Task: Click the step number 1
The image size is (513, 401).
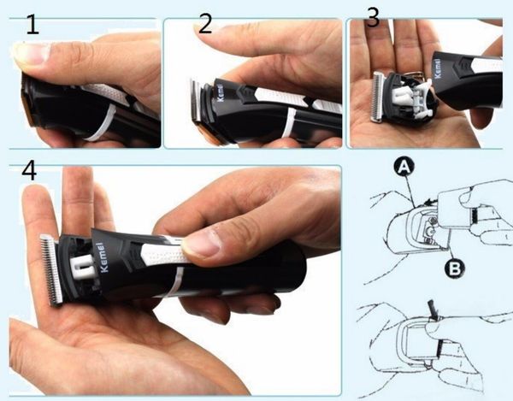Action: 32,25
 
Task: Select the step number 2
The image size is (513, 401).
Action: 205,24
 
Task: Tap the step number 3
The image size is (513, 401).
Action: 374,18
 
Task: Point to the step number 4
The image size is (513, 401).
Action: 29,170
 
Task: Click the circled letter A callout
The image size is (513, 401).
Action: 404,168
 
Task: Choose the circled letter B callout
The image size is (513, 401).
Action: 455,268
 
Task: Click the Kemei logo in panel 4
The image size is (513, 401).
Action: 103,257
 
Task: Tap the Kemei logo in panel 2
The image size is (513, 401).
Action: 220,93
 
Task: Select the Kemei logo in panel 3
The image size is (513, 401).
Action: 438,68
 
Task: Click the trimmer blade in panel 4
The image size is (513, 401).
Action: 51,270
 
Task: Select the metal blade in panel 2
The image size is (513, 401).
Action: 196,100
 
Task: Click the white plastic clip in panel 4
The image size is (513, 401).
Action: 82,266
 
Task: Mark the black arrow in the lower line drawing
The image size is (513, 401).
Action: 433,310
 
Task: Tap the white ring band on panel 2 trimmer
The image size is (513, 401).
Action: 288,122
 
